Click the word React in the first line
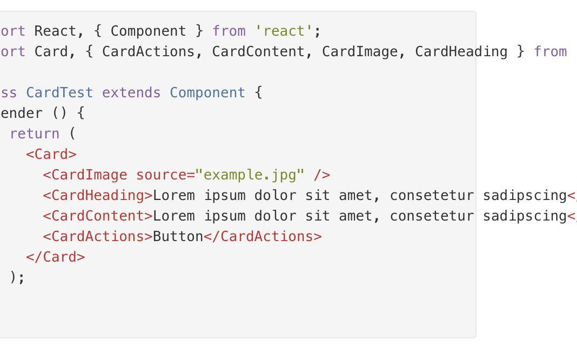[x=55, y=31]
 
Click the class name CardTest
[x=59, y=93]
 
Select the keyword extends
[x=131, y=93]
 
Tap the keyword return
[x=35, y=134]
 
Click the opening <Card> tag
[x=51, y=154]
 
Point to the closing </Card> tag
[x=55, y=257]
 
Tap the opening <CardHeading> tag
[x=98, y=196]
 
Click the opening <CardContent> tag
[x=98, y=216]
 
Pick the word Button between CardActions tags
[x=178, y=236]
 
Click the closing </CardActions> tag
[x=263, y=236]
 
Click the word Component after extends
[x=207, y=93]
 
